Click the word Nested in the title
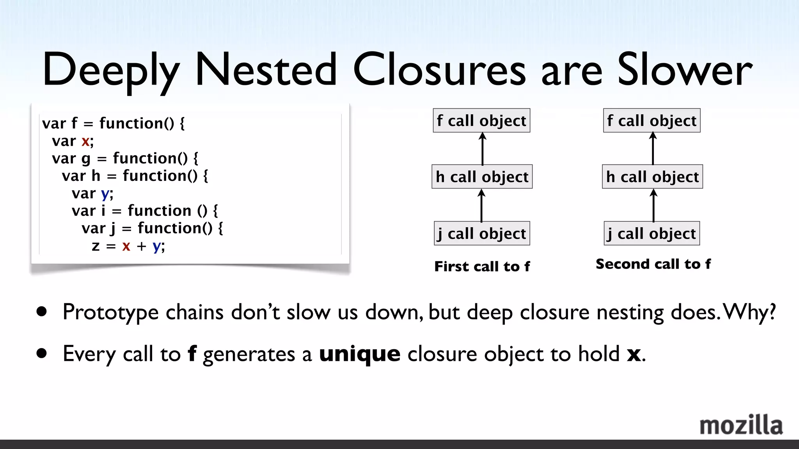(x=266, y=70)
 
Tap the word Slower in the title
(x=684, y=70)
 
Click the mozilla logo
(x=740, y=425)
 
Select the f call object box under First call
(x=481, y=120)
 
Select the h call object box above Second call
(x=652, y=177)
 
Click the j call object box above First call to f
(x=482, y=233)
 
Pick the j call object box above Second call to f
(x=652, y=233)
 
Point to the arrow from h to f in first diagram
(x=483, y=149)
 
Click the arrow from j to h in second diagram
(x=653, y=205)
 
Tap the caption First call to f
(x=482, y=266)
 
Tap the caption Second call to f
(x=653, y=264)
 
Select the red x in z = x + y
(x=126, y=246)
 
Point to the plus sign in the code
(x=141, y=246)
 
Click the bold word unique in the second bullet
(x=359, y=354)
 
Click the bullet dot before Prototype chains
(x=42, y=312)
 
